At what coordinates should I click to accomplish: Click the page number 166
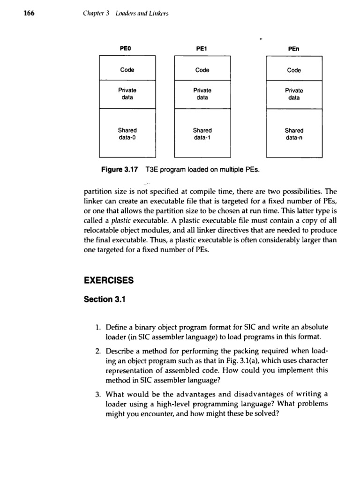16,13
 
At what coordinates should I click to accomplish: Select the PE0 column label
127,48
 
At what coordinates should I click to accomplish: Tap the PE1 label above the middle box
202,48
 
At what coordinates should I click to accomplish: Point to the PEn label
294,48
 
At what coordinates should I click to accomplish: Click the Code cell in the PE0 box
127,70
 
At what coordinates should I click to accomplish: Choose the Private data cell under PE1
202,94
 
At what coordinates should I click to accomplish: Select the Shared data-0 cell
127,134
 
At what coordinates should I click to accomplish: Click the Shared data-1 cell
202,134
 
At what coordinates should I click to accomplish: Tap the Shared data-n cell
294,134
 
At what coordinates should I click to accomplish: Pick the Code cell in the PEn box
294,70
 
